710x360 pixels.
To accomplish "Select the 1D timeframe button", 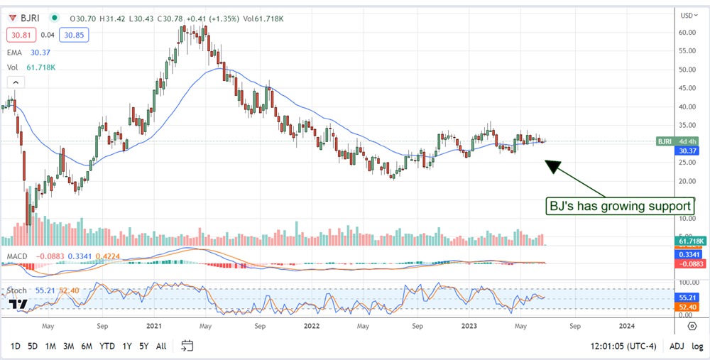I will tap(15, 346).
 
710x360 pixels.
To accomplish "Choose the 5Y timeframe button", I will tap(143, 346).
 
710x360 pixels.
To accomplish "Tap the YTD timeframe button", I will tap(106, 346).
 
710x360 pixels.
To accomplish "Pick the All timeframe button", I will tap(161, 346).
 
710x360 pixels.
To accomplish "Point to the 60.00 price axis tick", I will tap(686, 33).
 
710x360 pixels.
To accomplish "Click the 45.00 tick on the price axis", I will tap(686, 89).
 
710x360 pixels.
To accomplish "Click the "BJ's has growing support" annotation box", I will tap(618, 206).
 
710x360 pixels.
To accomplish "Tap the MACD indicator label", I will tap(17, 256).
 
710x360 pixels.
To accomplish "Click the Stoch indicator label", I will tap(18, 291).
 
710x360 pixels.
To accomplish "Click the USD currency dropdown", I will tap(687, 15).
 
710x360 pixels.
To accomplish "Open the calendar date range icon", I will tap(187, 346).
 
